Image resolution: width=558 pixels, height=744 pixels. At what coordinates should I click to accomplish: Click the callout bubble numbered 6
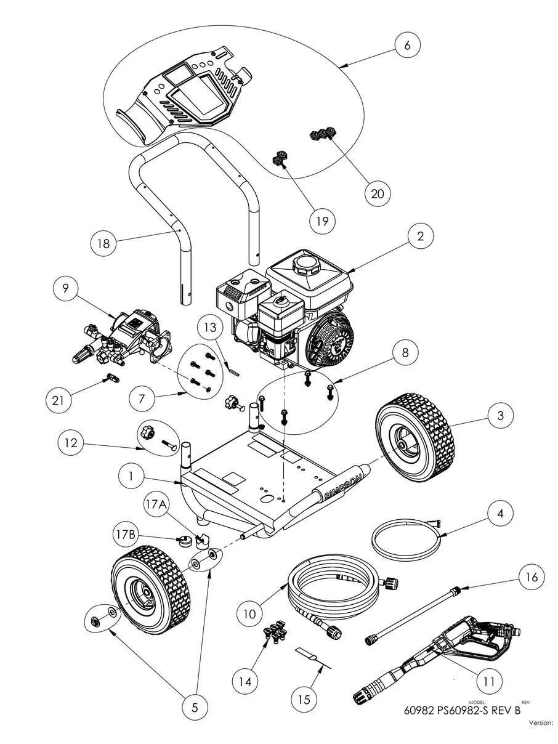[411, 46]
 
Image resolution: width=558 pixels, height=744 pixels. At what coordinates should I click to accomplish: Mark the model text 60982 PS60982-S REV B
[462, 709]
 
